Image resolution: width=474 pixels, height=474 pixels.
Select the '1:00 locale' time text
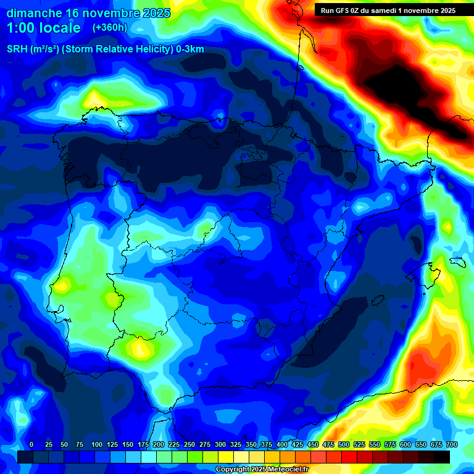tap(44, 28)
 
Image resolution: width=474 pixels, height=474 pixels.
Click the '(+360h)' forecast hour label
tap(109, 28)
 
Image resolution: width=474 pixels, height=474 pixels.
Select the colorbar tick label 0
tap(31, 444)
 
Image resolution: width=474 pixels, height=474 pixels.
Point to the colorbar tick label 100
tap(96, 444)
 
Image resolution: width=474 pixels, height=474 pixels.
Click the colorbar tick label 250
tap(189, 444)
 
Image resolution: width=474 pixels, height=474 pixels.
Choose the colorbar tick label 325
tap(235, 444)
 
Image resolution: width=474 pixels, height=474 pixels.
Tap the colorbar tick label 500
tap(343, 444)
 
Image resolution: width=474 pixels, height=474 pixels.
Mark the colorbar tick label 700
tap(451, 444)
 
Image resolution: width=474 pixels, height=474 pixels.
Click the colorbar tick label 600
tap(405, 444)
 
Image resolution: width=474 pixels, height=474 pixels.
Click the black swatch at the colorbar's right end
tap(442, 457)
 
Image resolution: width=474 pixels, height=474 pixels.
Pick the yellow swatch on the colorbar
tap(226, 457)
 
